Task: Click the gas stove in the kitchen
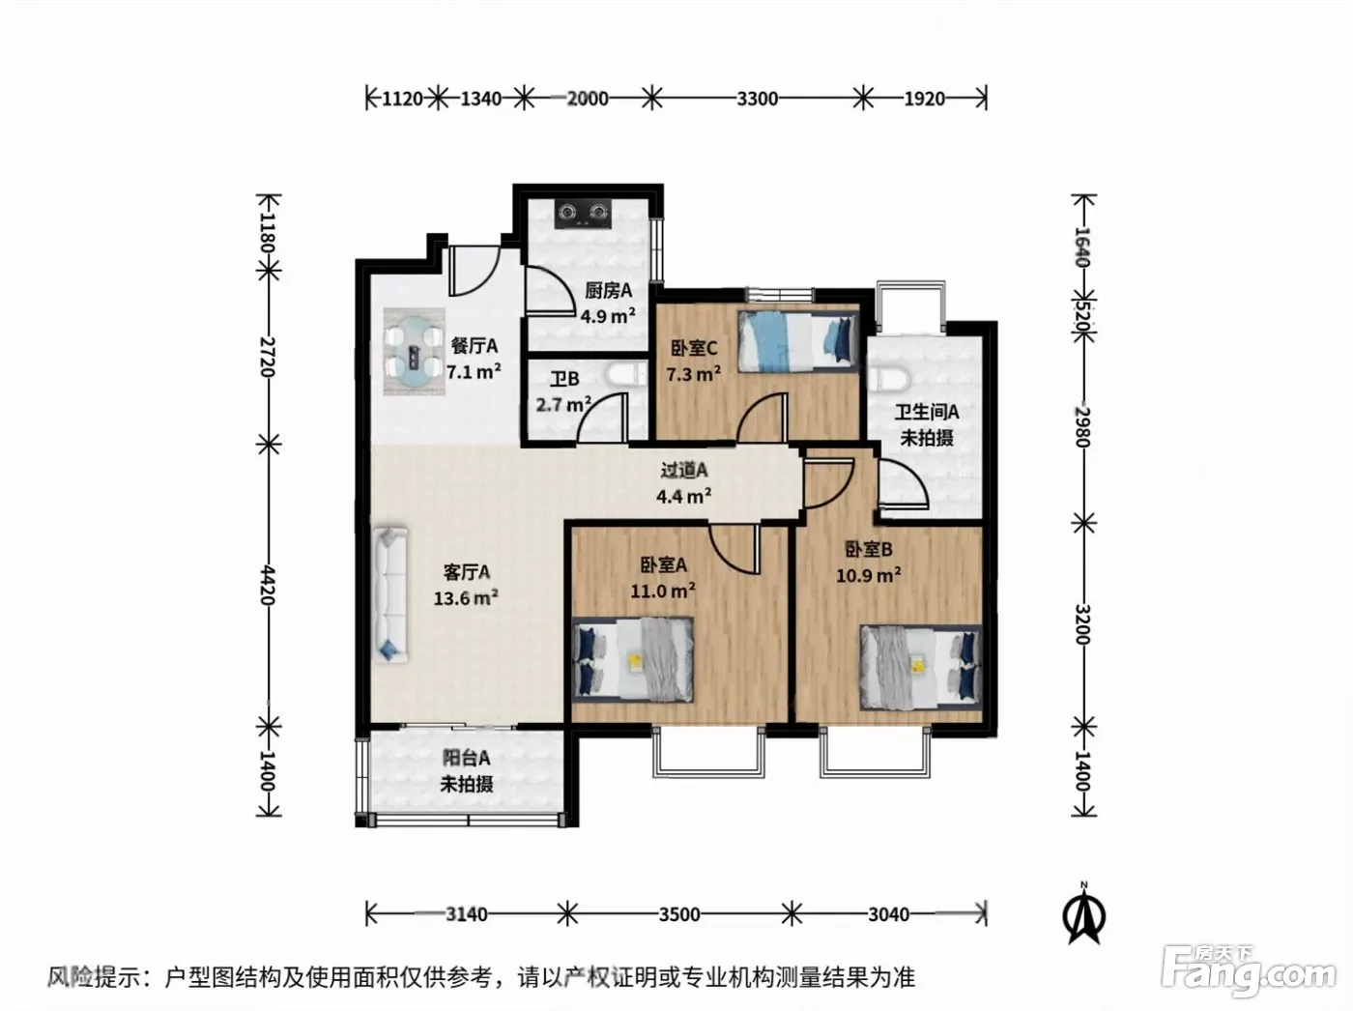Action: click(x=584, y=214)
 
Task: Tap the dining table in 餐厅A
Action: click(x=414, y=352)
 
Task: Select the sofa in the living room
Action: click(x=389, y=594)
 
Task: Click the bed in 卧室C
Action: click(x=798, y=341)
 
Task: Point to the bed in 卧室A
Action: click(x=633, y=659)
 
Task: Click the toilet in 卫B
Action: click(x=625, y=375)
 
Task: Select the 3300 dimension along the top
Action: click(x=758, y=99)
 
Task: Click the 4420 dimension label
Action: click(x=268, y=584)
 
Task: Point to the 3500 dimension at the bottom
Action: click(x=679, y=913)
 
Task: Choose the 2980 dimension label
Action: click(x=1083, y=426)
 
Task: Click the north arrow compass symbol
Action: click(x=1083, y=913)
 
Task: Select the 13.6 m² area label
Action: click(x=466, y=598)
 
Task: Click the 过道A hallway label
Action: click(x=684, y=471)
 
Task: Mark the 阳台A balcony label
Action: click(x=466, y=758)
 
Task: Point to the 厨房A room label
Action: click(x=609, y=290)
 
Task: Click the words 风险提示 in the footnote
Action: click(x=95, y=976)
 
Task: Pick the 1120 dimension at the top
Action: click(x=402, y=99)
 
